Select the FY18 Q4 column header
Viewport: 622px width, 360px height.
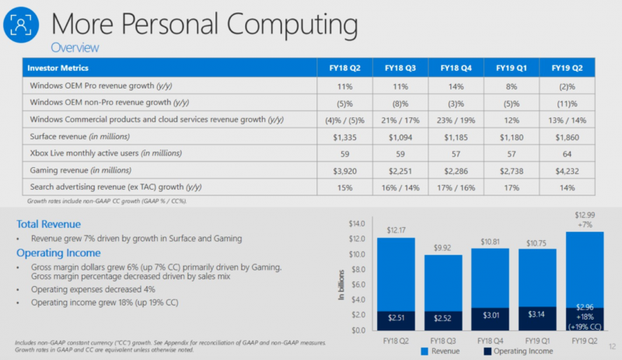pyautogui.click(x=456, y=68)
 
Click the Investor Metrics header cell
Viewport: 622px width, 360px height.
pyautogui.click(x=59, y=68)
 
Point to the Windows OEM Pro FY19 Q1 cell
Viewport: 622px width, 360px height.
pyautogui.click(x=512, y=85)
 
